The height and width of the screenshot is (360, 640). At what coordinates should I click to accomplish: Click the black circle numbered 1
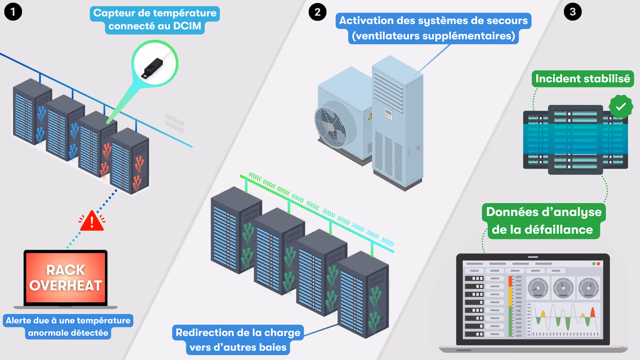click(13, 12)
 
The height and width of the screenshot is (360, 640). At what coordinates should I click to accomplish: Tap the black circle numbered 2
click(317, 12)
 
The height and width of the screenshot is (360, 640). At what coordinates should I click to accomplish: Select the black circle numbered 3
click(572, 12)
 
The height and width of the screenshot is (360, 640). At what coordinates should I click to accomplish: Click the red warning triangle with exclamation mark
click(92, 221)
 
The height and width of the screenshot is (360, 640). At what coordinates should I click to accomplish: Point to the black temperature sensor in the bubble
click(152, 68)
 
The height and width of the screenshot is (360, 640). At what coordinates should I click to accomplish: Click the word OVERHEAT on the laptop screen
click(65, 286)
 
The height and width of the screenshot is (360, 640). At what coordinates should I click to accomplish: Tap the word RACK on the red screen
click(65, 270)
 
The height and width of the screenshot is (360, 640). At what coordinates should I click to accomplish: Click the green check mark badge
click(620, 107)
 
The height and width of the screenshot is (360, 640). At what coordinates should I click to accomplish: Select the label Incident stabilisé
click(582, 79)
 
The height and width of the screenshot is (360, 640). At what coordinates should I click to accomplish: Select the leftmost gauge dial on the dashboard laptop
click(538, 288)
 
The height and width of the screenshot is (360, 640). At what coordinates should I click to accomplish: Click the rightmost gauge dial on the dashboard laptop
click(588, 288)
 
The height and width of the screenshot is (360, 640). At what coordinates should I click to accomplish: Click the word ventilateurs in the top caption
click(387, 36)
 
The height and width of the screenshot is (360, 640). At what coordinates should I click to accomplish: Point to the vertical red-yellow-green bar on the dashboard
click(510, 306)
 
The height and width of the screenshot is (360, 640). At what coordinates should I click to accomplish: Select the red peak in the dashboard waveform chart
click(593, 313)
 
